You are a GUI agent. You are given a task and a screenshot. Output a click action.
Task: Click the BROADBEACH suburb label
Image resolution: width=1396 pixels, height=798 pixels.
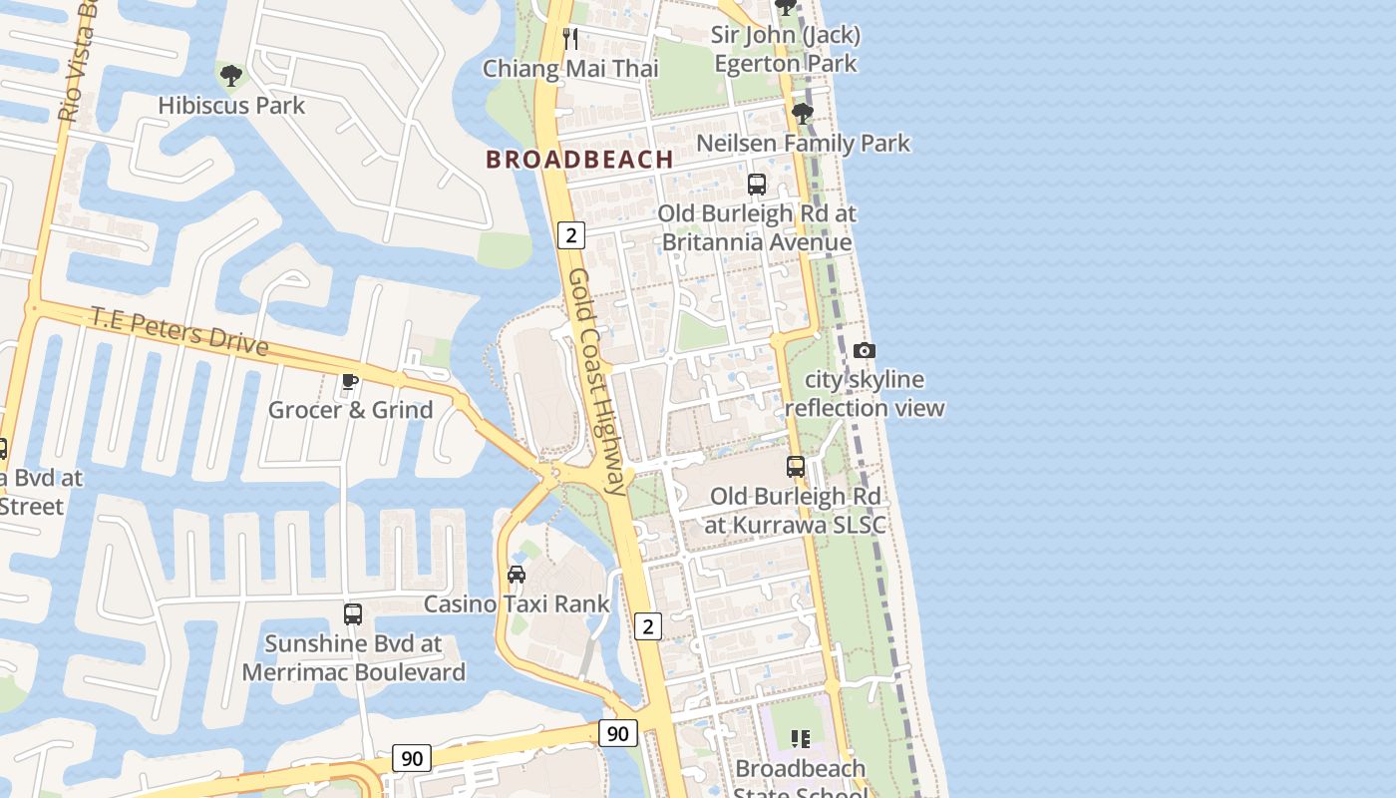point(579,159)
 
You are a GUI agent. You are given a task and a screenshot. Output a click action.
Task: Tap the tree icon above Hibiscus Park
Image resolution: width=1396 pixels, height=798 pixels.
point(230,75)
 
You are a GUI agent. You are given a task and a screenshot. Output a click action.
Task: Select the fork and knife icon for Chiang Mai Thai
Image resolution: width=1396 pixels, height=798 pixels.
point(570,39)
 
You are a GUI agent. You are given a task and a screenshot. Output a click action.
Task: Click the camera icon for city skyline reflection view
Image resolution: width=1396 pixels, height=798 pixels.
point(865,350)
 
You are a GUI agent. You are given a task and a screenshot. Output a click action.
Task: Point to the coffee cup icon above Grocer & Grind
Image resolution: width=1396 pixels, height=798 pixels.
point(350,381)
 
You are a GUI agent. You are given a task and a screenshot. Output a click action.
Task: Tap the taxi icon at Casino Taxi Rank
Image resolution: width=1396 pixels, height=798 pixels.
point(517,575)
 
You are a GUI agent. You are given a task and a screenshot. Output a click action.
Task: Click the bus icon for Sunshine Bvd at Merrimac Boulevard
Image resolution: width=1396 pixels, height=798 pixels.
point(353,614)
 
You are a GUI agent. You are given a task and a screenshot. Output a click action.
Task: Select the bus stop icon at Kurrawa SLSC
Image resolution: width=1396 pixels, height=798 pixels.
point(796,466)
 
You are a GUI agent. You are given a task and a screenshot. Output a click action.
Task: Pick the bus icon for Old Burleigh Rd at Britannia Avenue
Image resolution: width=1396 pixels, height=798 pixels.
point(757,185)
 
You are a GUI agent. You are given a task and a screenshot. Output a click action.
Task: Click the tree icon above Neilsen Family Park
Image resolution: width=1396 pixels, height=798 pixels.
point(802,114)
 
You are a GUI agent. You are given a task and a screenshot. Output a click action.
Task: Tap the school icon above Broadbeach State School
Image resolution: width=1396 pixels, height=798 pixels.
point(800,739)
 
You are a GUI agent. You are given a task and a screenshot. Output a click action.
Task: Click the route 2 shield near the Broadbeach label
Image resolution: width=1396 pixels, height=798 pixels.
point(570,235)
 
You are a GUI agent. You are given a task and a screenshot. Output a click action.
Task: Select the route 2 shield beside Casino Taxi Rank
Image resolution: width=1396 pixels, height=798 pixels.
point(648,626)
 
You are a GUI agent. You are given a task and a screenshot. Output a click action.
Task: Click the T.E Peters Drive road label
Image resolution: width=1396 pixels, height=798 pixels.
point(179,331)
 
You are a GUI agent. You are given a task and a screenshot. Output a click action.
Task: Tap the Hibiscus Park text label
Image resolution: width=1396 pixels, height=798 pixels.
point(231,105)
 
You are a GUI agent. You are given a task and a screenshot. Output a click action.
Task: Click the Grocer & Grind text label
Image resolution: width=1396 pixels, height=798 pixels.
point(350,409)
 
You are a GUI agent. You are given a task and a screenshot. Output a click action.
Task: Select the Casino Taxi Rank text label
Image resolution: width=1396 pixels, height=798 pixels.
point(517,603)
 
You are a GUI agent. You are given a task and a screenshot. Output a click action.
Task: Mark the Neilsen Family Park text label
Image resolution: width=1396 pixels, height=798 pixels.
point(803,143)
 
